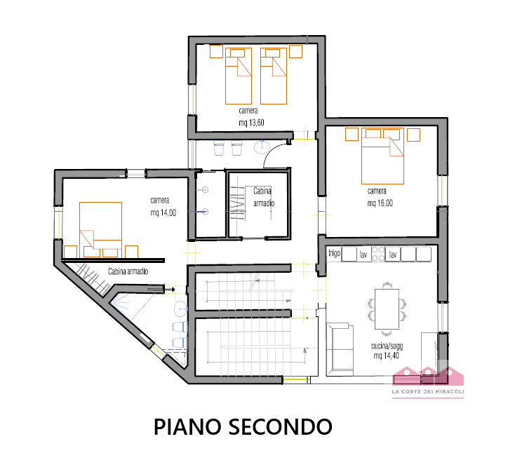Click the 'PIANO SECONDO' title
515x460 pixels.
click(243, 427)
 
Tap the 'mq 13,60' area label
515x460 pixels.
click(251, 123)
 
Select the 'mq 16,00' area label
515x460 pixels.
click(380, 203)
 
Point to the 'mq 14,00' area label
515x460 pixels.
click(163, 212)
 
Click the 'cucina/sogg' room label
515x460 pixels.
click(387, 346)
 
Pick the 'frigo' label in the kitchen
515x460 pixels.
click(335, 253)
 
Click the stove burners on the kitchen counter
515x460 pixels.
click(378, 254)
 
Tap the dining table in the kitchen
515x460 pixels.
click(387, 309)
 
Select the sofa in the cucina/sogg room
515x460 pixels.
click(340, 349)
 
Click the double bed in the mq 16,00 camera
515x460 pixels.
click(382, 156)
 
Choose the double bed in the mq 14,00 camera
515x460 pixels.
click(100, 230)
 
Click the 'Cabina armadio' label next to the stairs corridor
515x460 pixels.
click(128, 271)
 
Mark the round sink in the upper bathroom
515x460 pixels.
click(262, 147)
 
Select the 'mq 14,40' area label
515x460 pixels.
click(386, 356)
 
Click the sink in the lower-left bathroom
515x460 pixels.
click(180, 309)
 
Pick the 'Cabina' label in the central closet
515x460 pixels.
click(262, 191)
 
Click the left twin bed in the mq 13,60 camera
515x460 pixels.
click(239, 76)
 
